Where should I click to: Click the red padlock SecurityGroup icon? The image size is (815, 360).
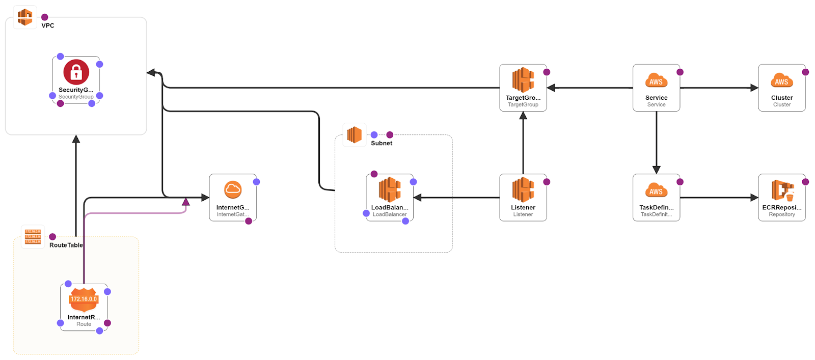(76, 72)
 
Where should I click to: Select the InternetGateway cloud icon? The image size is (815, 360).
(233, 189)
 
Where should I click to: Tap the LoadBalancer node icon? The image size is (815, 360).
(390, 189)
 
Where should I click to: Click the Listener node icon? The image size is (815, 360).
(523, 189)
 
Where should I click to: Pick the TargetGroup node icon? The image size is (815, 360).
(523, 80)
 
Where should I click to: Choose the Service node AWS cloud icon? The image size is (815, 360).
(656, 80)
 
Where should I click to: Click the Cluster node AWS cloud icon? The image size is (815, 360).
(781, 80)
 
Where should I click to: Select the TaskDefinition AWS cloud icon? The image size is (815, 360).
(656, 190)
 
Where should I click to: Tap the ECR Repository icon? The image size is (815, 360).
(782, 190)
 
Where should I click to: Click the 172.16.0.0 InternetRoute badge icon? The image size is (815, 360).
(84, 299)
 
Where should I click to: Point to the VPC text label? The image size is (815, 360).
(48, 25)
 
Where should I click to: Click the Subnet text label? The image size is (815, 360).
(382, 143)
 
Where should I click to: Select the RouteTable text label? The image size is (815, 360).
(66, 245)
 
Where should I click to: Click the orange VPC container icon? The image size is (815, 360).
(25, 17)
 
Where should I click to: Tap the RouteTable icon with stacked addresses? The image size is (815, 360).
(33, 237)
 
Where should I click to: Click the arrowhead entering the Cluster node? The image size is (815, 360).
(754, 88)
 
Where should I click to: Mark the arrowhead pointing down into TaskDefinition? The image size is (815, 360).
(656, 170)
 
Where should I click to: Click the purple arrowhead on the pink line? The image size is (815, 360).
(186, 202)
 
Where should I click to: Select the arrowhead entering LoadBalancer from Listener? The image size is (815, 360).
(418, 198)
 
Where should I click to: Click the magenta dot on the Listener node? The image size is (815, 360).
(547, 182)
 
